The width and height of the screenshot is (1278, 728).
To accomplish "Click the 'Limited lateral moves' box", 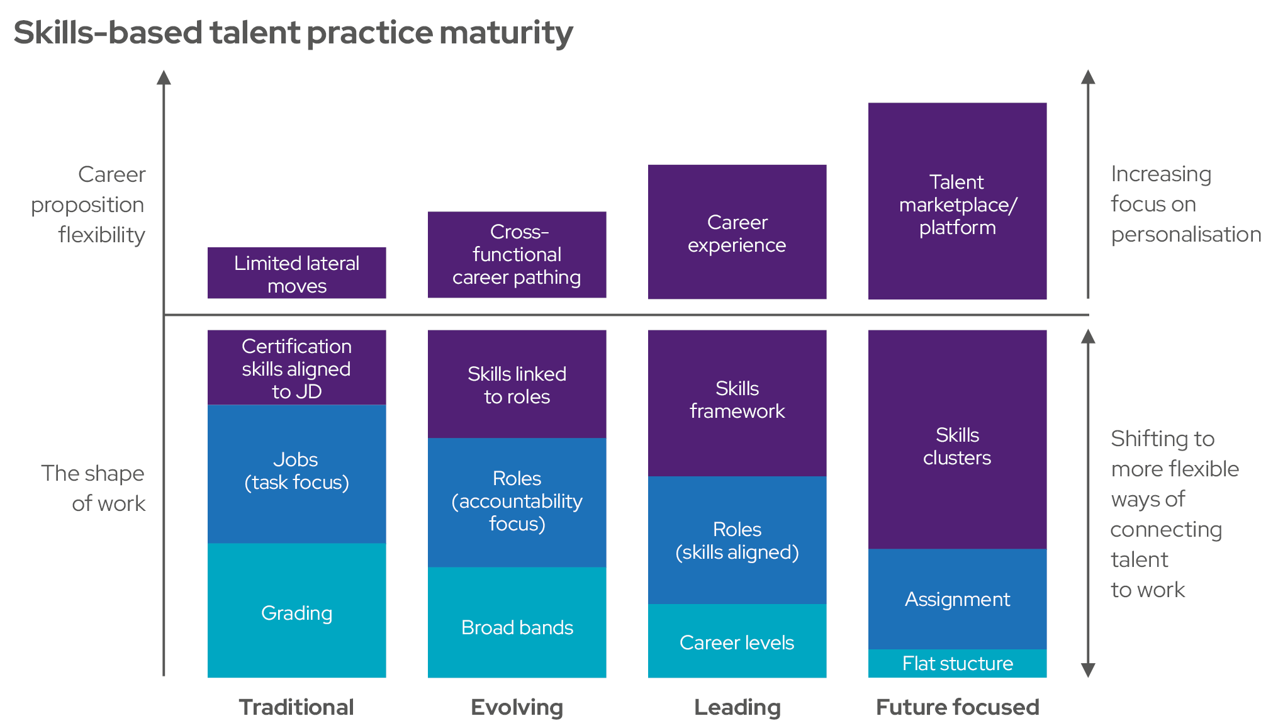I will [x=296, y=273].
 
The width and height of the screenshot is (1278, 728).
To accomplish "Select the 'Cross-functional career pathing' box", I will [x=517, y=254].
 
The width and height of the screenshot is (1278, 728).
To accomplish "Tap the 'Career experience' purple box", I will [x=737, y=232].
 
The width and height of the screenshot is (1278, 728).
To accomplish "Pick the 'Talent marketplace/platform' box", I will [x=957, y=201].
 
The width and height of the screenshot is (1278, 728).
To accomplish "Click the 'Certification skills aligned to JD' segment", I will [x=296, y=368].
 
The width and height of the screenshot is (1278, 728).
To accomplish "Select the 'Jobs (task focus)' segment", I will [x=296, y=472].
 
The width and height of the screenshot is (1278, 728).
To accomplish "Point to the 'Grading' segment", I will [x=296, y=612].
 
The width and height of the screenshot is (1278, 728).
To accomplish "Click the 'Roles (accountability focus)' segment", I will [x=517, y=501].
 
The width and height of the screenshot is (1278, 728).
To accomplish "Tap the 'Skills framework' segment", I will [x=737, y=400].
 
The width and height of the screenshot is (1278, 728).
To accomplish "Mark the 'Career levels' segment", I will [x=737, y=642].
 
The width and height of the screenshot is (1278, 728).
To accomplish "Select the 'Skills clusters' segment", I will [x=957, y=445].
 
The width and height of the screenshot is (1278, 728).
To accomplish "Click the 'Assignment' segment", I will [x=957, y=599].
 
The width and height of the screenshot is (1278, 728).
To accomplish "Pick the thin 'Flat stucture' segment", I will [x=957, y=663].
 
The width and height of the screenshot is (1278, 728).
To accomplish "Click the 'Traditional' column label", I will [x=296, y=707].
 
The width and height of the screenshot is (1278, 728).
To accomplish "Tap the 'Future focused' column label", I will [x=957, y=707].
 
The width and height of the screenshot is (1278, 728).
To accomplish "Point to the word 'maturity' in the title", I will [x=506, y=33].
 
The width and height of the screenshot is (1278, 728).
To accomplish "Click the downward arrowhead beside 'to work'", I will [x=1088, y=669].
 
